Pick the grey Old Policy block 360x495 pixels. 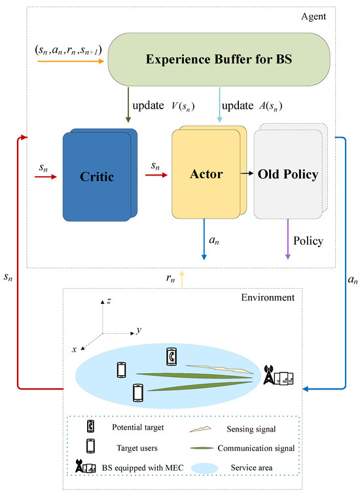click(x=288, y=175)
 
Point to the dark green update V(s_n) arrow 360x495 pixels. click(x=128, y=105)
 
